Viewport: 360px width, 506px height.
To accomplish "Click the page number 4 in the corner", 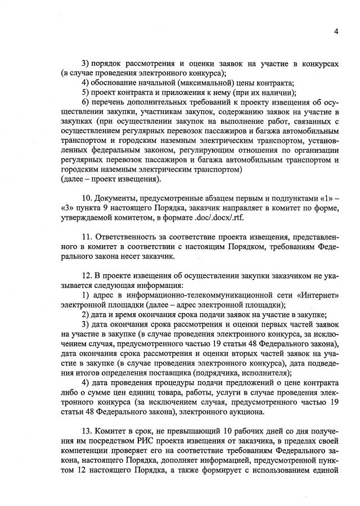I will coord(336,31).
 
